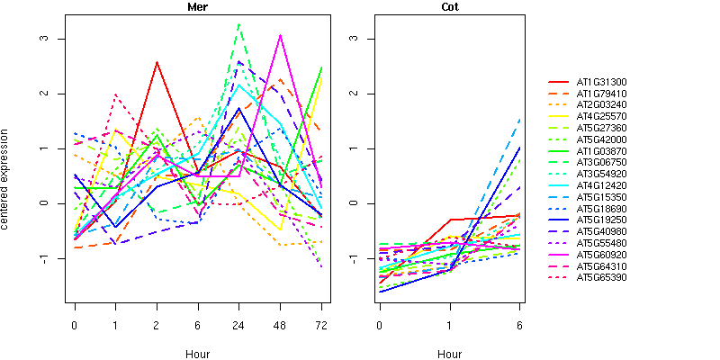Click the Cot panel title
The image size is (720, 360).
click(x=449, y=7)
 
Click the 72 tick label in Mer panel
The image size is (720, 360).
click(x=321, y=323)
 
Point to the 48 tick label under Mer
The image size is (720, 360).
click(x=280, y=323)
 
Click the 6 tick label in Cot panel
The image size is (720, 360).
click(x=519, y=323)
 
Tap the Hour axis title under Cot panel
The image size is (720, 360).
click(x=449, y=354)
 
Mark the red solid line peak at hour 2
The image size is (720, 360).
click(x=157, y=62)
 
